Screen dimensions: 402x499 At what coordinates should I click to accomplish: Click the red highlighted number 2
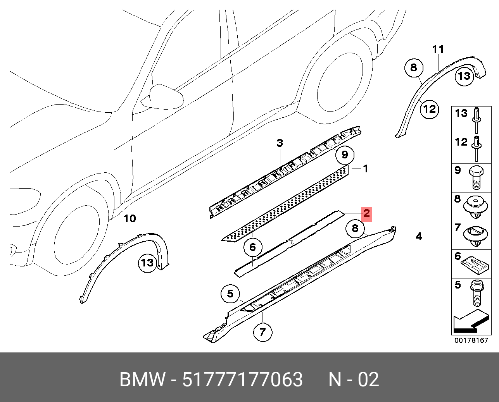(366, 213)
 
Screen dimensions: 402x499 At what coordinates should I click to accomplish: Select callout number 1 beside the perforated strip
(365, 168)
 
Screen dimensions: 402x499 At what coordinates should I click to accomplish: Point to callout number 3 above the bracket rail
(280, 143)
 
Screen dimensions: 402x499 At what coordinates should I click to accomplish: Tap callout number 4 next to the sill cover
(419, 236)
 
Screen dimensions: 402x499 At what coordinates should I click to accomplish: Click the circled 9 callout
(345, 155)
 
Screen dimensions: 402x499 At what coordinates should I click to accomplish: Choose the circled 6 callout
(252, 247)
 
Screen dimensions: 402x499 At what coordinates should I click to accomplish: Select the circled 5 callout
(230, 294)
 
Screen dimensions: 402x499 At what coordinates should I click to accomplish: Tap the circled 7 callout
(262, 332)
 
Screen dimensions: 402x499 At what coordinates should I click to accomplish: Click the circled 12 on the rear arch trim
(430, 109)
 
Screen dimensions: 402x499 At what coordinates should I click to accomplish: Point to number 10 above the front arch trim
(129, 218)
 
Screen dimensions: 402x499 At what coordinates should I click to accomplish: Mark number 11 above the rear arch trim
(438, 50)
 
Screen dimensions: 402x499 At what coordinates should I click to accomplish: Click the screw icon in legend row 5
(477, 293)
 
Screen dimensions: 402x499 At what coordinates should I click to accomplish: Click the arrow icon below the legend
(471, 321)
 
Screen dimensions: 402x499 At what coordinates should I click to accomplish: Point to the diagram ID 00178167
(471, 340)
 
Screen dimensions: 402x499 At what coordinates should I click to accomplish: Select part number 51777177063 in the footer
(242, 379)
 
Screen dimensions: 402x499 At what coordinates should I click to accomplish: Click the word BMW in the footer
(142, 379)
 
